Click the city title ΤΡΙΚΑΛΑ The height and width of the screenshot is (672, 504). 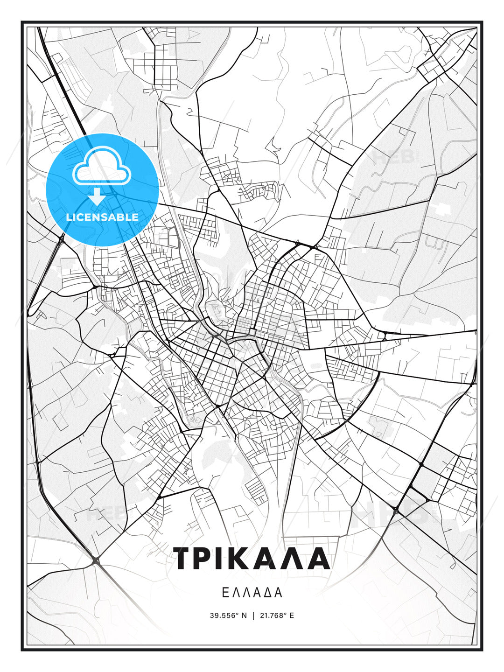pos(252,558)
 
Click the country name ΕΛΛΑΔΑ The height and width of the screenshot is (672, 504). pos(252,593)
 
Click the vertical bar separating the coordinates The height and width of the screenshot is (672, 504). pos(253,616)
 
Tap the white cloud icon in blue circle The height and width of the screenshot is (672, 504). pos(102,166)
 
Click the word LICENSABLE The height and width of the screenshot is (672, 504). pos(102,217)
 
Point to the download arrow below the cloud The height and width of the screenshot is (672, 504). pos(97,196)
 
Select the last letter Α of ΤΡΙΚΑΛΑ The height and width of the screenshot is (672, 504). pos(319,558)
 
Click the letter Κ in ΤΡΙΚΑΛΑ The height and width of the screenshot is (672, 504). pos(243,558)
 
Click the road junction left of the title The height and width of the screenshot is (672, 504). pos(96,560)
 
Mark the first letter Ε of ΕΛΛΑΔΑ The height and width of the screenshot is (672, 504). pos(225,593)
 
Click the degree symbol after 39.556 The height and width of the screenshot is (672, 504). pos(237,614)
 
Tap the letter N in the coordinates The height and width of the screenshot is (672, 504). pos(244,616)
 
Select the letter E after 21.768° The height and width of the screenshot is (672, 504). pos(292,616)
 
